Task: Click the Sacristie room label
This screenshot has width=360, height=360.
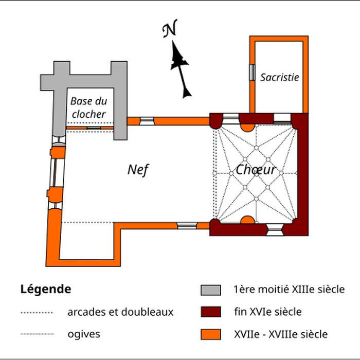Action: pyautogui.click(x=279, y=77)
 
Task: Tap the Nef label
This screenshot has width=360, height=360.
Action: pyautogui.click(x=138, y=170)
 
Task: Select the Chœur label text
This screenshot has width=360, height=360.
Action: pyautogui.click(x=256, y=170)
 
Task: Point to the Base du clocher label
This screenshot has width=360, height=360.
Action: pyautogui.click(x=88, y=107)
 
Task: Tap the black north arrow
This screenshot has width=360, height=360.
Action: pyautogui.click(x=181, y=69)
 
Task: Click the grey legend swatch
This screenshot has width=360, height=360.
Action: pyautogui.click(x=211, y=290)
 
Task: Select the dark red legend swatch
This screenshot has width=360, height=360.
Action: pyautogui.click(x=211, y=312)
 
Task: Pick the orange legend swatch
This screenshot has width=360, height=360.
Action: pyautogui.click(x=211, y=334)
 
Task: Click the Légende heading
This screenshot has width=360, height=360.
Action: pyautogui.click(x=45, y=289)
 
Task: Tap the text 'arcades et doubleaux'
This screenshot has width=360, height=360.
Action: pyautogui.click(x=120, y=312)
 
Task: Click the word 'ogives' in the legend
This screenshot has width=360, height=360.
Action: pyautogui.click(x=84, y=334)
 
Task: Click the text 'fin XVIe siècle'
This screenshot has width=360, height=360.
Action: pyautogui.click(x=267, y=312)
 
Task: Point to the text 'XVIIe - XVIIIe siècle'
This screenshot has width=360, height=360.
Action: pyautogui.click(x=280, y=334)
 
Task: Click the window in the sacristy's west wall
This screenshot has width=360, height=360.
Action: pyautogui.click(x=252, y=73)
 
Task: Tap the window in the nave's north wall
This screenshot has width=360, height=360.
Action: pyautogui.click(x=147, y=121)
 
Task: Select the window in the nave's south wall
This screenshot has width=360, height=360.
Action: pyautogui.click(x=187, y=226)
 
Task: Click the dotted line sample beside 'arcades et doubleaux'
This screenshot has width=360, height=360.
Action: pyautogui.click(x=37, y=312)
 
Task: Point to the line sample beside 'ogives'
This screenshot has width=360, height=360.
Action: pyautogui.click(x=37, y=334)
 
